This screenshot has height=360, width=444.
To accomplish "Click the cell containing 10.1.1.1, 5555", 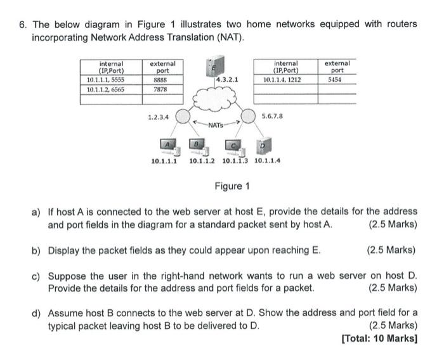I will point(105,80).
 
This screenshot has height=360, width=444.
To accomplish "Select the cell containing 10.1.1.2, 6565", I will point(105,90).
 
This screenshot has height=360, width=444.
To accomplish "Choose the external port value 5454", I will point(336,80).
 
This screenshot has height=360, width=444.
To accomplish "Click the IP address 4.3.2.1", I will point(228,80).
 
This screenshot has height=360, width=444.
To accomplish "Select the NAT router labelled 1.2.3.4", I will point(183,117).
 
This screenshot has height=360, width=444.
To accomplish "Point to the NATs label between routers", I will point(216,125).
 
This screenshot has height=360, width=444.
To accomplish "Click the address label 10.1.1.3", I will point(235,161).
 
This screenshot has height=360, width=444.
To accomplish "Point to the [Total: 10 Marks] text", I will point(379,338).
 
